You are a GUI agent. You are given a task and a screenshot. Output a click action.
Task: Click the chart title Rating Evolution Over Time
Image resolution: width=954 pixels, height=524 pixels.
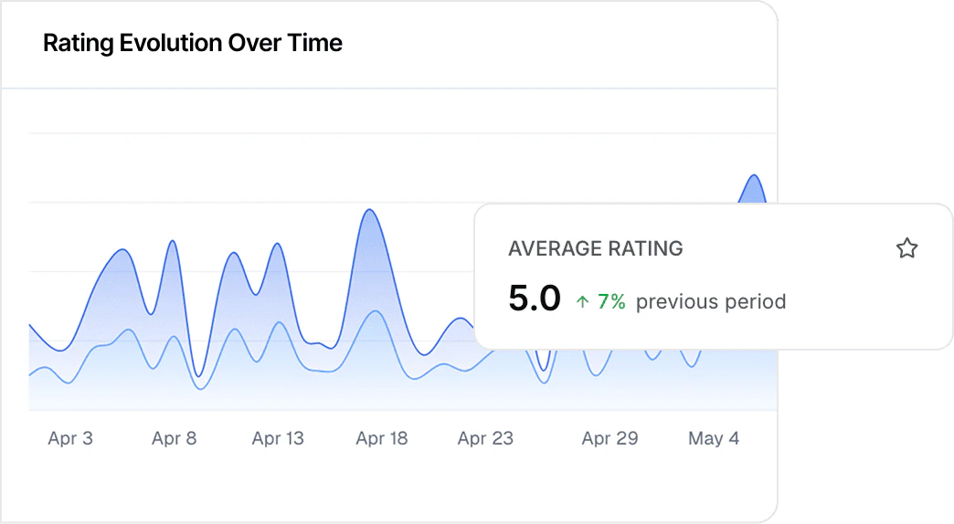coord(193,43)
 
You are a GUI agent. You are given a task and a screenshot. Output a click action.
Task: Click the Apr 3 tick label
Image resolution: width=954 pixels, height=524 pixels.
coord(70,439)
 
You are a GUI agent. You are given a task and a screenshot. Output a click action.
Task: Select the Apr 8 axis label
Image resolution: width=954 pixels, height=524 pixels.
coord(174,439)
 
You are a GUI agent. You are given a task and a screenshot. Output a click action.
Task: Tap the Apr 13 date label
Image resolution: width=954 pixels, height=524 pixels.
coord(278,439)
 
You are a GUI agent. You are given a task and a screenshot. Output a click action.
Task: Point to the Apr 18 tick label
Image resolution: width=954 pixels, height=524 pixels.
coord(382,439)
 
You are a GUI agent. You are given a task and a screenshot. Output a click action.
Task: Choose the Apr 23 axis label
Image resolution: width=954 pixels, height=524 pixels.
coord(485,439)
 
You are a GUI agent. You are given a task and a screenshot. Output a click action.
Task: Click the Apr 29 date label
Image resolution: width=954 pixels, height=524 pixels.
coord(609,439)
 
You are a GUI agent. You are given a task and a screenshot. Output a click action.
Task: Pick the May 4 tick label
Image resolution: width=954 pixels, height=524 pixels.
coord(714,439)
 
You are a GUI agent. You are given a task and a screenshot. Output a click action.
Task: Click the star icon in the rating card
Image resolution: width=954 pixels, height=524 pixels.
coord(906,248)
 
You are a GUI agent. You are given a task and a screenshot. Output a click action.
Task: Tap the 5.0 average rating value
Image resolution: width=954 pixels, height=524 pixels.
coord(535,299)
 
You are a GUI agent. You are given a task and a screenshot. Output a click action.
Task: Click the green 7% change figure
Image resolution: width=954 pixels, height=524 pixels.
coord(611,301)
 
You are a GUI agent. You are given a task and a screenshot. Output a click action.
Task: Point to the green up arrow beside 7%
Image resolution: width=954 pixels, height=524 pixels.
coord(582,302)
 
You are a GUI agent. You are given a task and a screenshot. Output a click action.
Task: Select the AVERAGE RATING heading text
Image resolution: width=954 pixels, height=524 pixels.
coord(595,248)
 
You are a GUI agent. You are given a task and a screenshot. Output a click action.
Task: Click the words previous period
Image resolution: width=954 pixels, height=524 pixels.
coord(711,301)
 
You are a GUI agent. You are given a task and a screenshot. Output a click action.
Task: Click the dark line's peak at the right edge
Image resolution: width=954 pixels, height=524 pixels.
coord(754,175)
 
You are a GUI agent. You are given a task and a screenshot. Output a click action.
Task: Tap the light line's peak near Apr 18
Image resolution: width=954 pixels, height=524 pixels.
coord(375,311)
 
